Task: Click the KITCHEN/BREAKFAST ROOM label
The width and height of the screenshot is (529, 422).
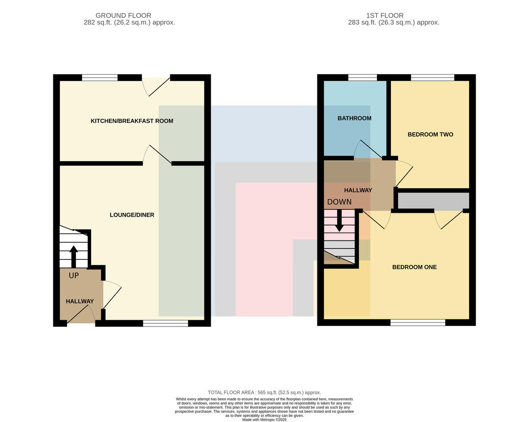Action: [132, 121]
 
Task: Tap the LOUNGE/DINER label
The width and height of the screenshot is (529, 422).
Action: [132, 215]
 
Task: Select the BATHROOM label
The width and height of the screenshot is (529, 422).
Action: [354, 118]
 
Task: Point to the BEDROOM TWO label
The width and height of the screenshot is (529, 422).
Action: [430, 134]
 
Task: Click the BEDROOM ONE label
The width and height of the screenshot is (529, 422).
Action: [414, 267]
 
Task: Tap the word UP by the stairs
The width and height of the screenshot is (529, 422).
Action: [74, 276]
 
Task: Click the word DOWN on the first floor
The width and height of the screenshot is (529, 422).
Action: [339, 202]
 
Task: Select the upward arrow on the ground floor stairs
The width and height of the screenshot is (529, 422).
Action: [74, 257]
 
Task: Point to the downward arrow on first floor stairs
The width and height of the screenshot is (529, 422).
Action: [339, 221]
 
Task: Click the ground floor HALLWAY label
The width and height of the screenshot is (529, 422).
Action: [80, 301]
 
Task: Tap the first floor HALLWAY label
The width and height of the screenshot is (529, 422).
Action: [358, 190]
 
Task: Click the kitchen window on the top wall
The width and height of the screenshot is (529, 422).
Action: [100, 78]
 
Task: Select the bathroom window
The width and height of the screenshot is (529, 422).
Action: [362, 78]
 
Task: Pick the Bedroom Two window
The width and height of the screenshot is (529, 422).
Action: [432, 78]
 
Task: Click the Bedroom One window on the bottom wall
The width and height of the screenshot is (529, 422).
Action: [418, 322]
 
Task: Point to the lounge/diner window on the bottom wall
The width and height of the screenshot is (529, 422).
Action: [166, 323]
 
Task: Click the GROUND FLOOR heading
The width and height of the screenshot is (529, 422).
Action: [123, 15]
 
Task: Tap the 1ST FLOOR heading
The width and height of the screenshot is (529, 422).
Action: [385, 15]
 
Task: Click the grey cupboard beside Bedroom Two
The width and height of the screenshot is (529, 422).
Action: [433, 200]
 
